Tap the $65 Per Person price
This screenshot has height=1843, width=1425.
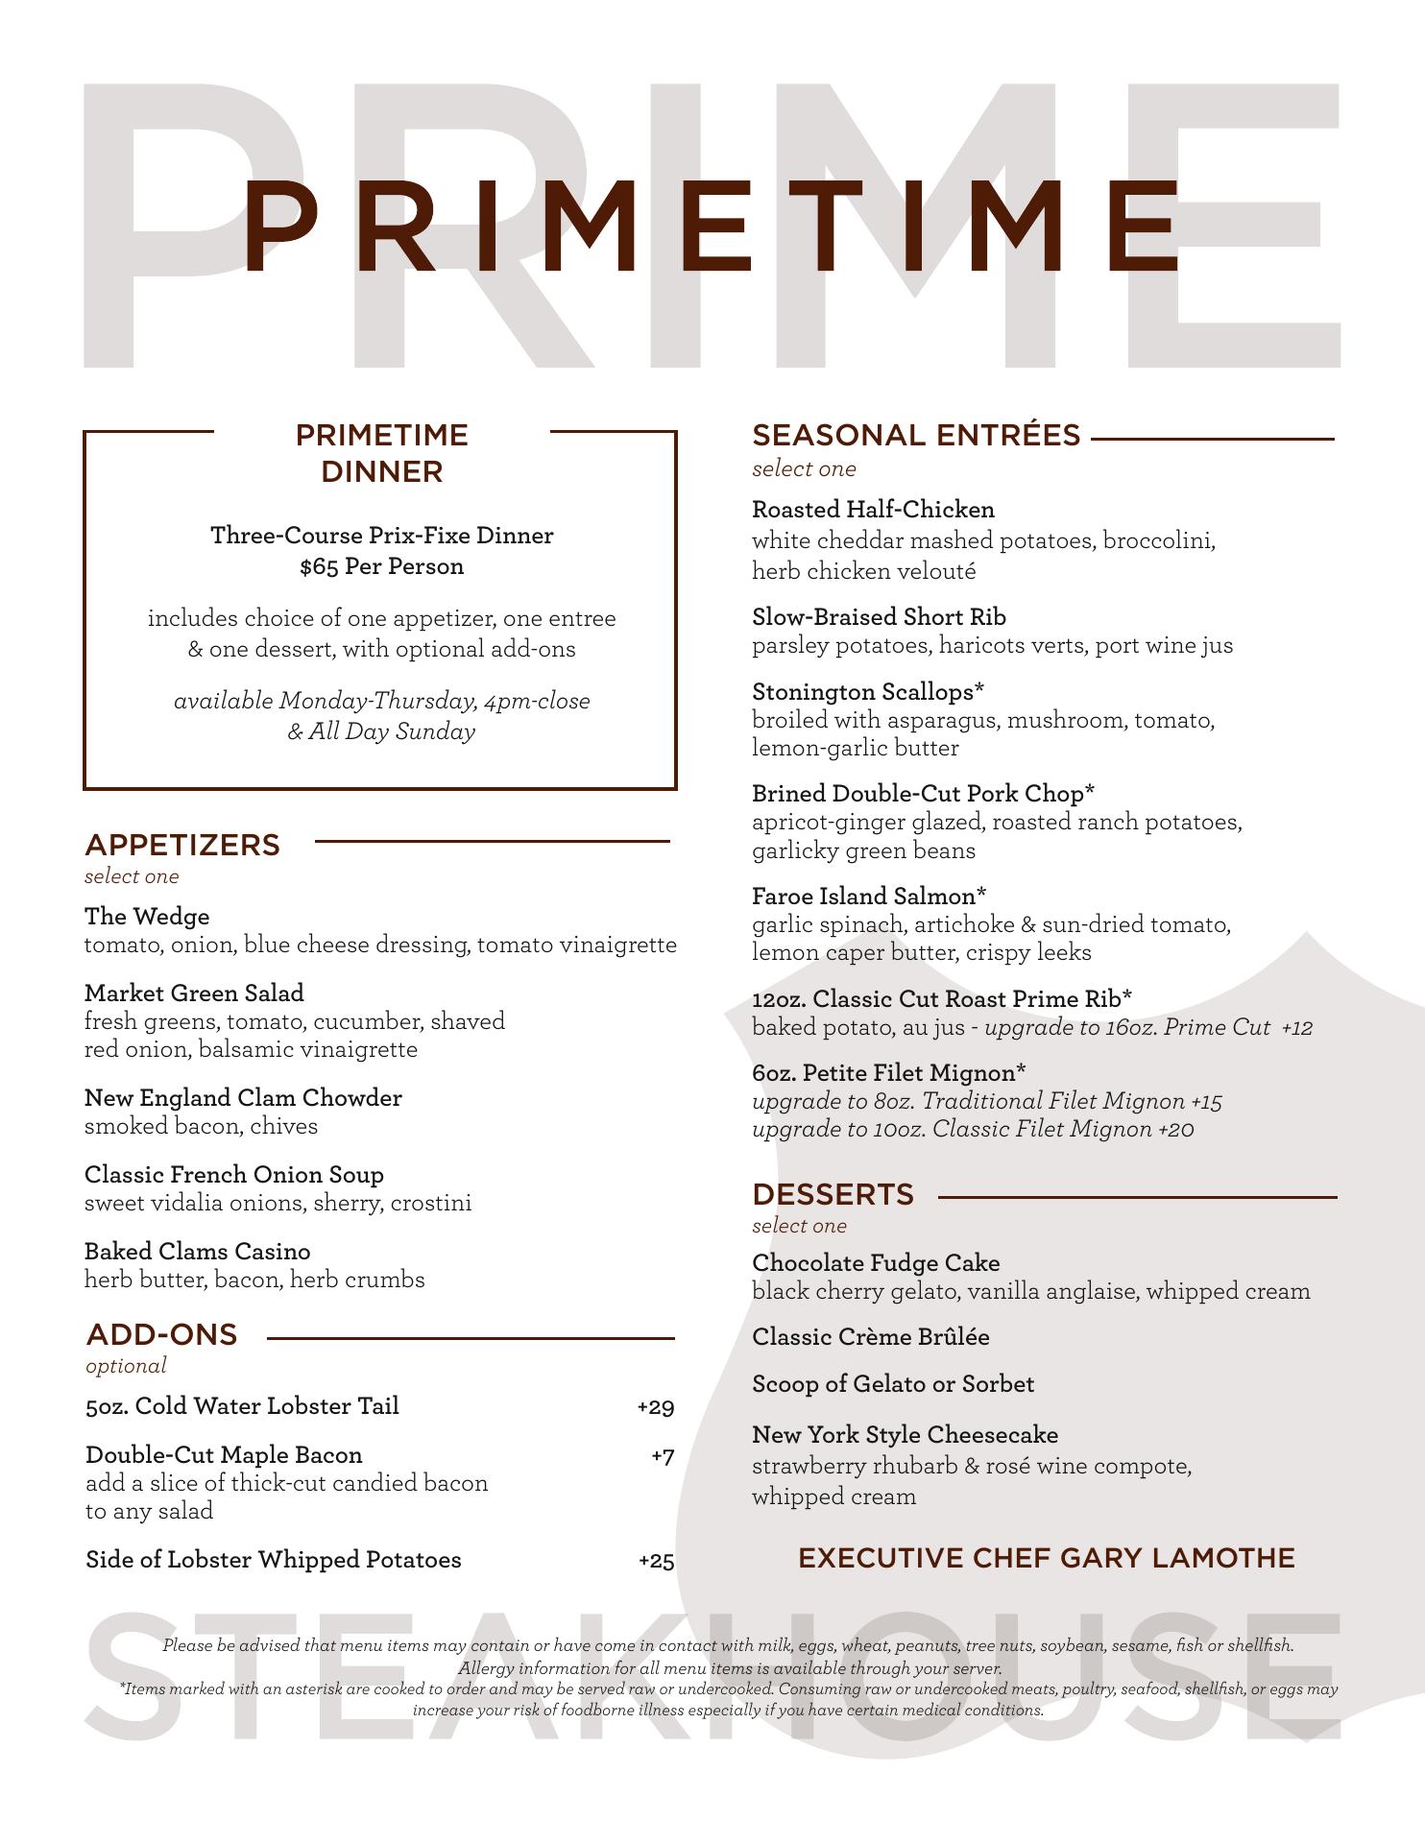tap(381, 566)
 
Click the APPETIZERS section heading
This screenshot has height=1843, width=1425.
tap(182, 845)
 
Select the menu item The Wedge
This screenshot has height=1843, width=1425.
tap(147, 917)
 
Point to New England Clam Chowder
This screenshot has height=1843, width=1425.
tap(243, 1098)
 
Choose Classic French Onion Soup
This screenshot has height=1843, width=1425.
tap(234, 1175)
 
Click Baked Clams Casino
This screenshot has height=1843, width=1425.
tap(198, 1252)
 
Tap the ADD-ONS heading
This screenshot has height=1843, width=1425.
tap(161, 1334)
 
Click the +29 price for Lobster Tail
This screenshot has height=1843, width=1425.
tap(656, 1407)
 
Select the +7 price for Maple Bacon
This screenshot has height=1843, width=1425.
tap(663, 1456)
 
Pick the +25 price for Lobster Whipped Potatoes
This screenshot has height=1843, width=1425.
tap(657, 1561)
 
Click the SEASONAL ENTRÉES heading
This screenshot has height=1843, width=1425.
tap(916, 436)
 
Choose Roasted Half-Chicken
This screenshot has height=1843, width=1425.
tap(873, 510)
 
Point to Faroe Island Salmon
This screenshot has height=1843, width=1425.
tap(869, 897)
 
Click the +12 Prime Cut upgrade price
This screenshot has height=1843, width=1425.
tap(1297, 1028)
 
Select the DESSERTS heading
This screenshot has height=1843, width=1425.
tap(833, 1194)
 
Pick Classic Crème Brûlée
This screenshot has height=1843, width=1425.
tap(870, 1337)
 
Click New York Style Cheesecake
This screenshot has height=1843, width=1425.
tap(905, 1435)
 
